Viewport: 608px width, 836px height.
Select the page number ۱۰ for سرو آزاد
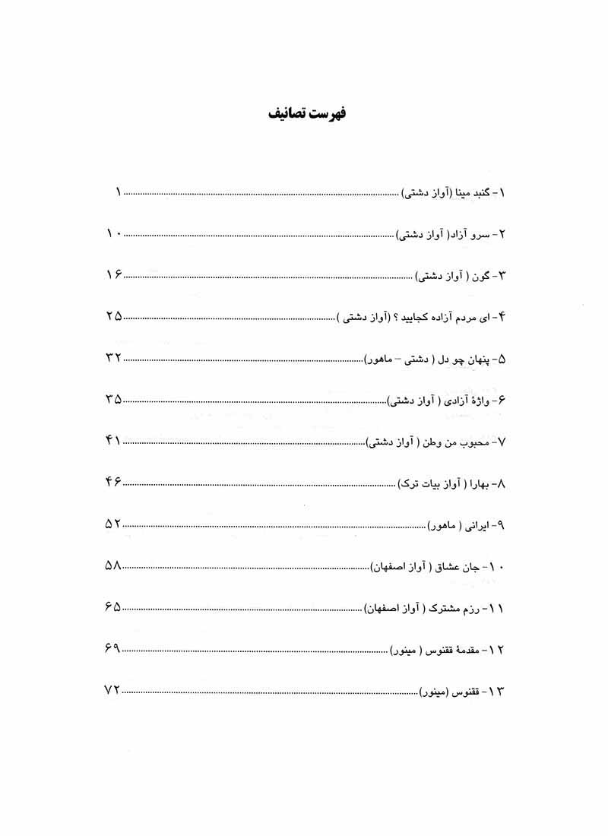(x=114, y=236)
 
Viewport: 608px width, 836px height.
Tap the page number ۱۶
(x=114, y=277)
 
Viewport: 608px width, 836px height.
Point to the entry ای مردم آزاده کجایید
(x=422, y=318)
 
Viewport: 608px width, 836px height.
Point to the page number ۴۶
(x=113, y=483)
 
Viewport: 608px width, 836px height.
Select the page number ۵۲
(x=113, y=524)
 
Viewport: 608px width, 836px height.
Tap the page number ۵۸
(x=113, y=566)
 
